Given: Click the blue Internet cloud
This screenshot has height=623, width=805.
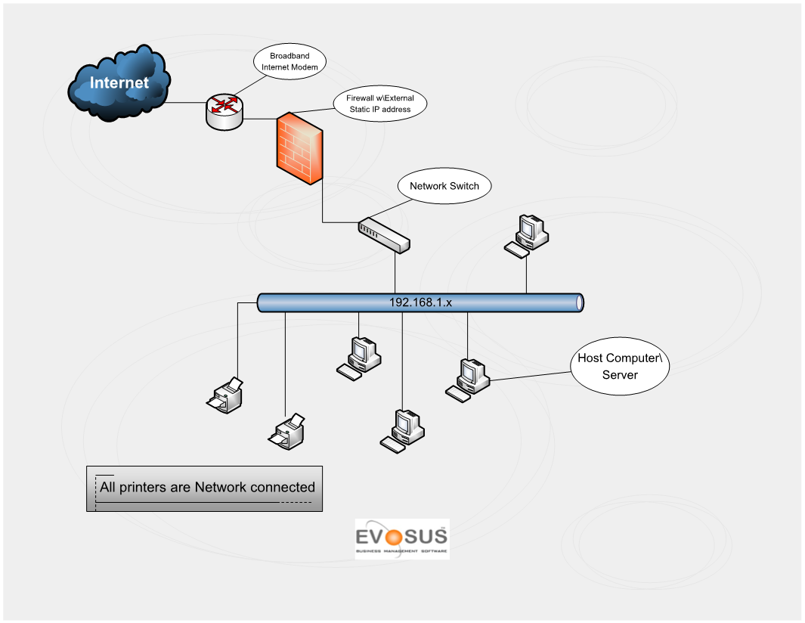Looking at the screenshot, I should pos(119,84).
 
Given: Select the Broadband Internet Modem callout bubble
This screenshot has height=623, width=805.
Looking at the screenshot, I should pos(289,61).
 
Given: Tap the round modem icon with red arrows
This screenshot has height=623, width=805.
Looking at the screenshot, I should pos(224,110).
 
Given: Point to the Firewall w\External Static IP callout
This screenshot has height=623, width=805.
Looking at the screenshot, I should pos(380,104).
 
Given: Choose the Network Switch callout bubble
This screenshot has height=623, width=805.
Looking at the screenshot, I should pos(444,186).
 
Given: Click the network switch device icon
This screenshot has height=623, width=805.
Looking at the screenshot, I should pos(384,235).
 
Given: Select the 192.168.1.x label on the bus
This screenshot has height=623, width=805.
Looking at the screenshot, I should pos(420,302).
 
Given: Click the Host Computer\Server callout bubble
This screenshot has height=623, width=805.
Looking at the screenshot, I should pos(620,366).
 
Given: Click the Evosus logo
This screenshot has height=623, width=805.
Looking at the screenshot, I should pos(401,539).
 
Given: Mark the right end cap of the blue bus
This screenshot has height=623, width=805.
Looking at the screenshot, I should pos(580,303).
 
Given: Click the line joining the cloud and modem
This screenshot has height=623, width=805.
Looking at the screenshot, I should pos(185,103).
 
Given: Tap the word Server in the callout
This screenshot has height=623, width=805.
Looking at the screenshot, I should pos(620,375).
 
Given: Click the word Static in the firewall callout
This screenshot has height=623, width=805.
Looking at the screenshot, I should pos(364,110).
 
